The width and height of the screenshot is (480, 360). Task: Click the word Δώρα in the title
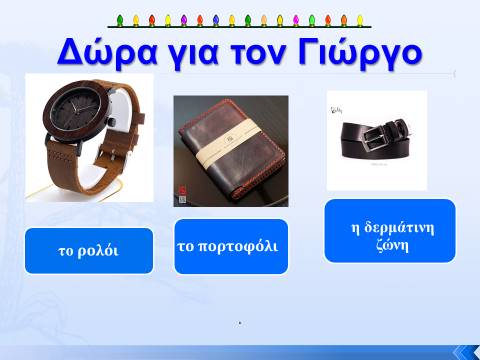point(107,52)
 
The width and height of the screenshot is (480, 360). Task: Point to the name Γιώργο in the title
point(360,53)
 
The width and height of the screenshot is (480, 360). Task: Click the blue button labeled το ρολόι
point(89,251)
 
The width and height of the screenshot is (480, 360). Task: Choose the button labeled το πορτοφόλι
point(231,247)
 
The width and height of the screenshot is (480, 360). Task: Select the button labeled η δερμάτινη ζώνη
point(390,231)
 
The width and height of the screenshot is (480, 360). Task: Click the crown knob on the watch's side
point(113,121)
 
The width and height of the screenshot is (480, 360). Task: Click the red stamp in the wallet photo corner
point(182,190)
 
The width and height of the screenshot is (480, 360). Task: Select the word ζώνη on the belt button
point(392,246)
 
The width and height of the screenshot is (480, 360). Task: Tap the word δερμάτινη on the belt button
point(399,228)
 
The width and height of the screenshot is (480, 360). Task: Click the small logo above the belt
point(336,110)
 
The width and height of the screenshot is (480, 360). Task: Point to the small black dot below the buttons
point(240,323)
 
